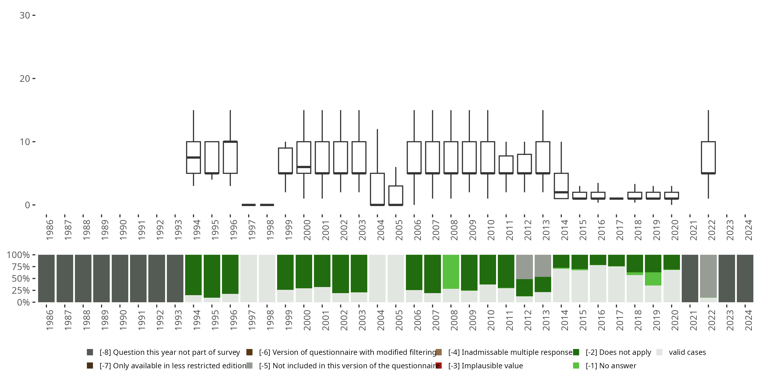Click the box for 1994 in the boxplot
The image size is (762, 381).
[194, 157]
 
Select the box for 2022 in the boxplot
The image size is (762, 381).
[708, 157]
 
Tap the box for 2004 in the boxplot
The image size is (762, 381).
[377, 189]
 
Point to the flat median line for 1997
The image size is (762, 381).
[248, 205]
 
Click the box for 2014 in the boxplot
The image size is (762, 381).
[561, 186]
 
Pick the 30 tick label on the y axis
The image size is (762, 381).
[25, 15]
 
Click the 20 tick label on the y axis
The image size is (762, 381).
[25, 79]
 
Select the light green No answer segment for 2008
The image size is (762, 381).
[451, 272]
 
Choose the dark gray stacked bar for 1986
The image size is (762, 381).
[46, 278]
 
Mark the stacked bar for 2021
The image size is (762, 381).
[690, 278]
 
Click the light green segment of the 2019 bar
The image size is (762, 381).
[653, 279]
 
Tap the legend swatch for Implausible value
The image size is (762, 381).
[439, 366]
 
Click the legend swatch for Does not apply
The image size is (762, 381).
[576, 352]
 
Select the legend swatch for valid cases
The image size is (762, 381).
[659, 352]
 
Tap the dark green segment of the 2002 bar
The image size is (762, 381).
[340, 274]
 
